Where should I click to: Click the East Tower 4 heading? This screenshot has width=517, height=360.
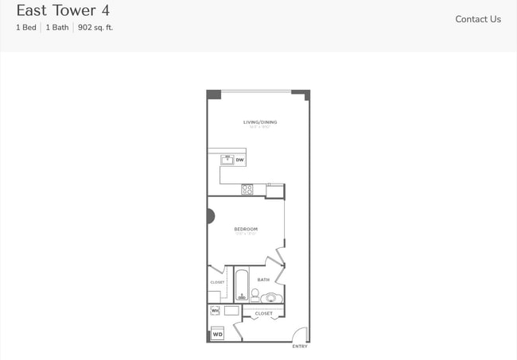pos(63,10)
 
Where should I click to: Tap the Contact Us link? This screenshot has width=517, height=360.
pos(478,19)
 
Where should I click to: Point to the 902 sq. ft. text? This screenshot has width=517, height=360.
pos(95,28)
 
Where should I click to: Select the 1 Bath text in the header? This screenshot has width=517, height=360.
pos(57,28)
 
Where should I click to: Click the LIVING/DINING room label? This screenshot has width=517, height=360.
pos(260,122)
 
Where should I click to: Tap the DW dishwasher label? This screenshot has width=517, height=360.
pos(239,160)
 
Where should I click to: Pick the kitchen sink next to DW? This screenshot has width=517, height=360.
pos(227,159)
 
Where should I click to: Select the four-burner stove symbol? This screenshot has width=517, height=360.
pos(247,189)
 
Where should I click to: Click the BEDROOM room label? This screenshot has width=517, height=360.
pos(246,230)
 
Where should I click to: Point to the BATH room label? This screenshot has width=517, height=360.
pos(262,280)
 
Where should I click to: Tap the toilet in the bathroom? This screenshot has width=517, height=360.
pos(255,294)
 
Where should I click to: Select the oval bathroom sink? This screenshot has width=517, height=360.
pos(271,298)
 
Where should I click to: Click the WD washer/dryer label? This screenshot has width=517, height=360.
pos(217,335)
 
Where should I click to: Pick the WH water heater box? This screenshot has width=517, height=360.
pos(215,310)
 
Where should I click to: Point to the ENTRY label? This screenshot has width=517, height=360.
pos(300,346)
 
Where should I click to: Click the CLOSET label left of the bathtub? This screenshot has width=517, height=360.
pos(217,282)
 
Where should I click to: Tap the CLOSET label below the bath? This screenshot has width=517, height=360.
pos(263,314)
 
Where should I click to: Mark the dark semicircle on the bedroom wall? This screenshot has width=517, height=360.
pos(210,215)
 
